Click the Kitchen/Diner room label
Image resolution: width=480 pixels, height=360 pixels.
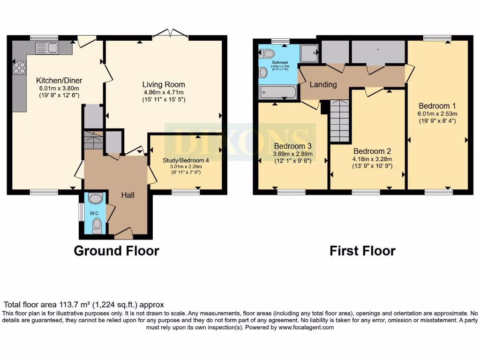(x=58, y=80)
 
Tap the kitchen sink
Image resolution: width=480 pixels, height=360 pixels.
(x=46, y=48)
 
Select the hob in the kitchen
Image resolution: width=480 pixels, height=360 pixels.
(x=19, y=68)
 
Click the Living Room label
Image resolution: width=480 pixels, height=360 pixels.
(x=164, y=84)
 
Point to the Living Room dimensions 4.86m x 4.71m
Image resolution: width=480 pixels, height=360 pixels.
(x=164, y=92)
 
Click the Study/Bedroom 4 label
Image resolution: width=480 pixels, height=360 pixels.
(x=186, y=160)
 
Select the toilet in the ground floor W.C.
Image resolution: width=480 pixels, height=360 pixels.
(x=97, y=225)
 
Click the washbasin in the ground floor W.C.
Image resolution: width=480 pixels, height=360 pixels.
(x=95, y=199)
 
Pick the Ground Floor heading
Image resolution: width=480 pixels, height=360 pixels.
(x=116, y=251)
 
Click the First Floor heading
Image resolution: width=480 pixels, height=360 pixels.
(x=362, y=251)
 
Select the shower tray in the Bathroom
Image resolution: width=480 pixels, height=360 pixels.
(x=309, y=54)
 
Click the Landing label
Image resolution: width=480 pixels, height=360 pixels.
(x=323, y=84)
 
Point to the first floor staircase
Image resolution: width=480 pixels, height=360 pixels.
(x=340, y=121)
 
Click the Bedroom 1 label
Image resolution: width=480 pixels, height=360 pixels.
(x=437, y=105)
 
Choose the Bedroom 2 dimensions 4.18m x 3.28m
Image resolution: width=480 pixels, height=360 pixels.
(x=372, y=159)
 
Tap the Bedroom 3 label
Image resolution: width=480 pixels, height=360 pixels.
(x=293, y=145)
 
